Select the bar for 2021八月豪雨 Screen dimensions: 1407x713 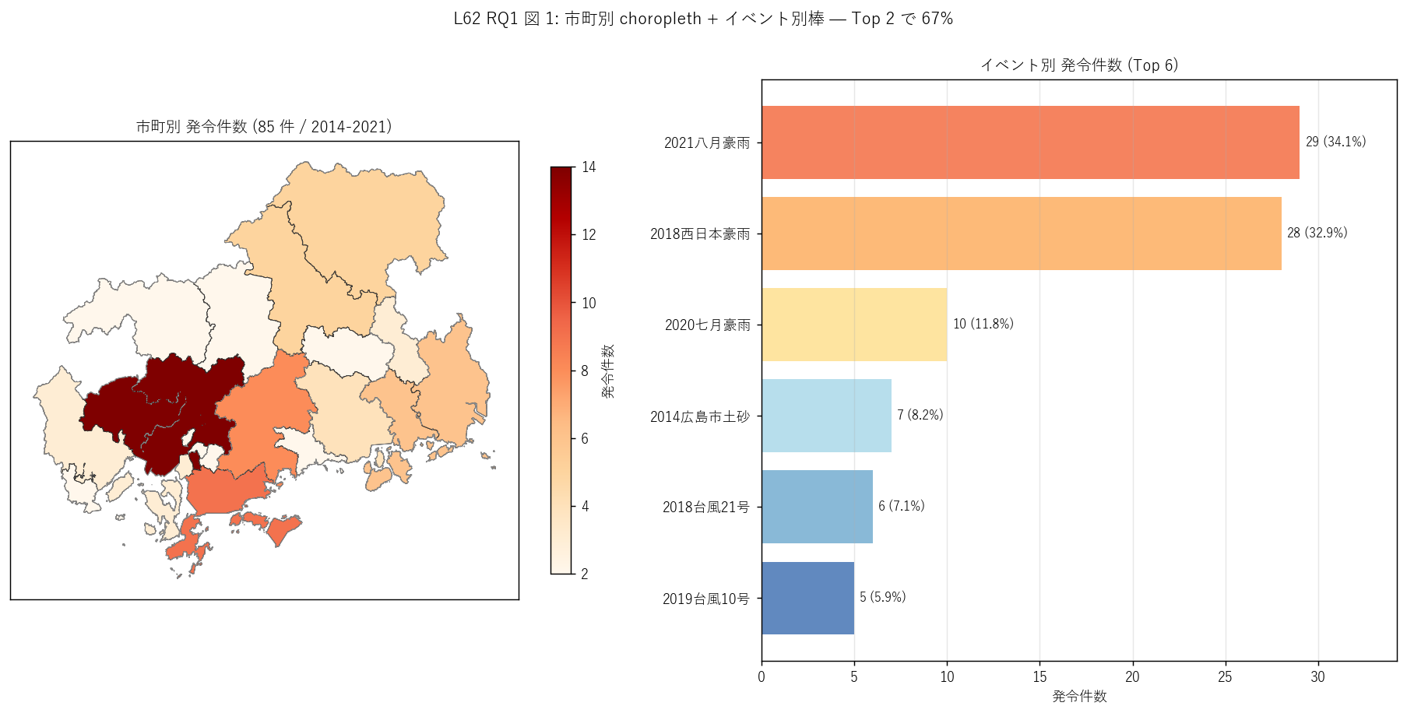click(x=1030, y=142)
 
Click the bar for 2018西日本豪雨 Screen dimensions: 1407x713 click(x=1022, y=234)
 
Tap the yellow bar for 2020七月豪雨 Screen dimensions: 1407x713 click(x=854, y=325)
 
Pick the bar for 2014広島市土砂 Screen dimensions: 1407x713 click(x=826, y=416)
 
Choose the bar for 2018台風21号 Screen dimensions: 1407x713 click(x=817, y=507)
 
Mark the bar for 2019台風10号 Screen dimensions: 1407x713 click(x=807, y=598)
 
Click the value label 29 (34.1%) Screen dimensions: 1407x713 click(x=1335, y=142)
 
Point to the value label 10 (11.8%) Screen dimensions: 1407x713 click(x=983, y=324)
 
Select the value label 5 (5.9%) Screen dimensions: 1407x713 click(x=883, y=597)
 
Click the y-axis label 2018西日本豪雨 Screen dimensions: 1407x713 click(x=700, y=234)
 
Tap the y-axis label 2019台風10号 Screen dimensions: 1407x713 click(x=706, y=599)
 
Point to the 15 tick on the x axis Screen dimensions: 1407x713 click(x=1039, y=676)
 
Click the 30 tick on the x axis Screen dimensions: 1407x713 click(x=1317, y=676)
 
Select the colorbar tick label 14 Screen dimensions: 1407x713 click(x=589, y=167)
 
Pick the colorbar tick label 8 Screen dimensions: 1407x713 click(x=585, y=371)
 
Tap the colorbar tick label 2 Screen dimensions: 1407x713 click(x=585, y=574)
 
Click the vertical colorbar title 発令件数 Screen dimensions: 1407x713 click(x=608, y=371)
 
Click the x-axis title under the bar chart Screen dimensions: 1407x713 click(x=1079, y=696)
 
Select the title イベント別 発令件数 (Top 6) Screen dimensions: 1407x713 click(x=1079, y=65)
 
